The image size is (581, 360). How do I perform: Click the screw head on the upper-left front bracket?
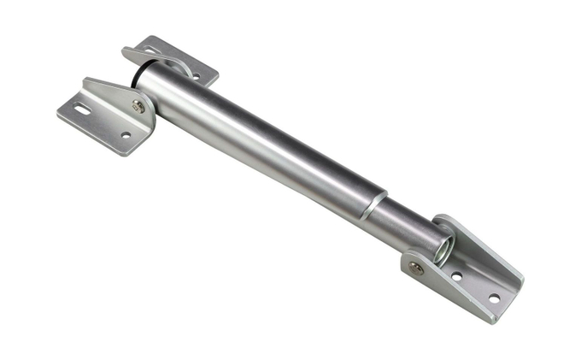coord(138,106)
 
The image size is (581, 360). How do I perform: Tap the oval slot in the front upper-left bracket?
coord(82,109)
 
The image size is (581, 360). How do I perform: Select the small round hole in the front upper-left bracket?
coord(126,135)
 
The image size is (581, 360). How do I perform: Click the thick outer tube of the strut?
coord(256,141)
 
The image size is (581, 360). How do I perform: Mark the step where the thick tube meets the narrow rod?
coord(374,205)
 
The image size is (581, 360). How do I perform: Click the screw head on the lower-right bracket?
coord(416,268)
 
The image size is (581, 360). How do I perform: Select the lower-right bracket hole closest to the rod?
coord(456,276)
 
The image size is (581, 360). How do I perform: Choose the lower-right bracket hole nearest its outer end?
coord(493,298)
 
